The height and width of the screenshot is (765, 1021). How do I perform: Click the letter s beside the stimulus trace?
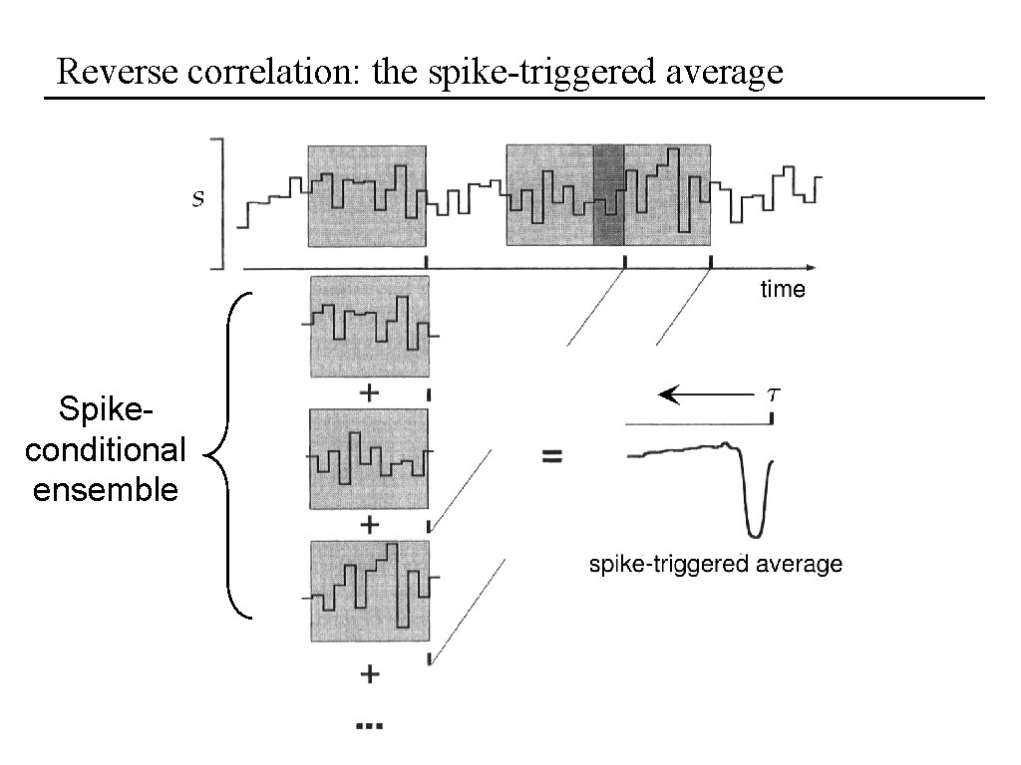pos(197,199)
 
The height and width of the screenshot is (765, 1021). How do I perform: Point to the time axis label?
pos(782,290)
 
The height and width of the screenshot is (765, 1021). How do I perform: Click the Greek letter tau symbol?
pos(773,393)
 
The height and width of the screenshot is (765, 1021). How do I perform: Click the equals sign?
pos(551,457)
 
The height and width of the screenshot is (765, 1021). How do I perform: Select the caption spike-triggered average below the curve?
pos(716,565)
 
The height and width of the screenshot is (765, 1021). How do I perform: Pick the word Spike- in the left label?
pos(105,410)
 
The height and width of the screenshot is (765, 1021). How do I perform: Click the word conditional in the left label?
pos(105,450)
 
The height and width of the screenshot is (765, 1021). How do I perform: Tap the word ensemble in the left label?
pos(105,490)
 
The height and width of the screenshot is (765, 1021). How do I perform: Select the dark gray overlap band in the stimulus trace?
pos(608,195)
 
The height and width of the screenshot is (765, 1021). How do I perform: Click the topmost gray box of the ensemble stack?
pos(369,327)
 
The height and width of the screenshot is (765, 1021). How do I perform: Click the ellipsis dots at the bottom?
pos(369,726)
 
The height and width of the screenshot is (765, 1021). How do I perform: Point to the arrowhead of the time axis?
pos(810,267)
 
